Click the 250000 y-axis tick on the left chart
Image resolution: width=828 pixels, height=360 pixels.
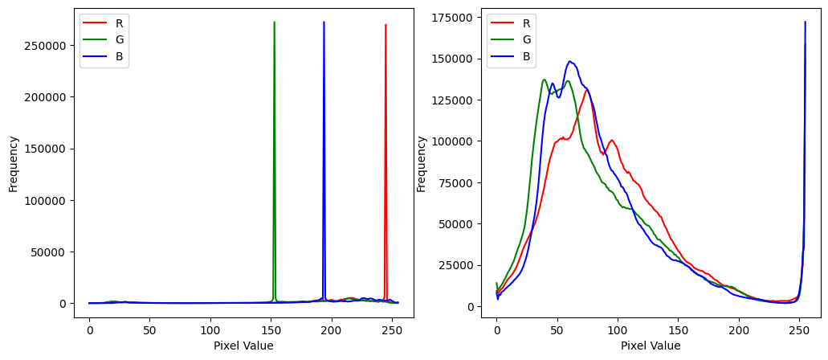pyautogui.click(x=49, y=46)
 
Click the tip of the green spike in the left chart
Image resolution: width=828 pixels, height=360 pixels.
pyautogui.click(x=274, y=22)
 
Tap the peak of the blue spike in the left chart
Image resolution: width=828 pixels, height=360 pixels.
pyautogui.click(x=324, y=22)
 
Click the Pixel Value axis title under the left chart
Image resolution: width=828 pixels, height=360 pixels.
pyautogui.click(x=243, y=346)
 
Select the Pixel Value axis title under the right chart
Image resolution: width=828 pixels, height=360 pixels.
pyautogui.click(x=650, y=346)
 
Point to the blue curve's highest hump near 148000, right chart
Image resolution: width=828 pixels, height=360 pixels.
pyautogui.click(x=569, y=61)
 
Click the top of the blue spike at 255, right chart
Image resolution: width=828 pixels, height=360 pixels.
pyautogui.click(x=806, y=22)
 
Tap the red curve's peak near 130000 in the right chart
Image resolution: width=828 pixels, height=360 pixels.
pyautogui.click(x=587, y=90)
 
